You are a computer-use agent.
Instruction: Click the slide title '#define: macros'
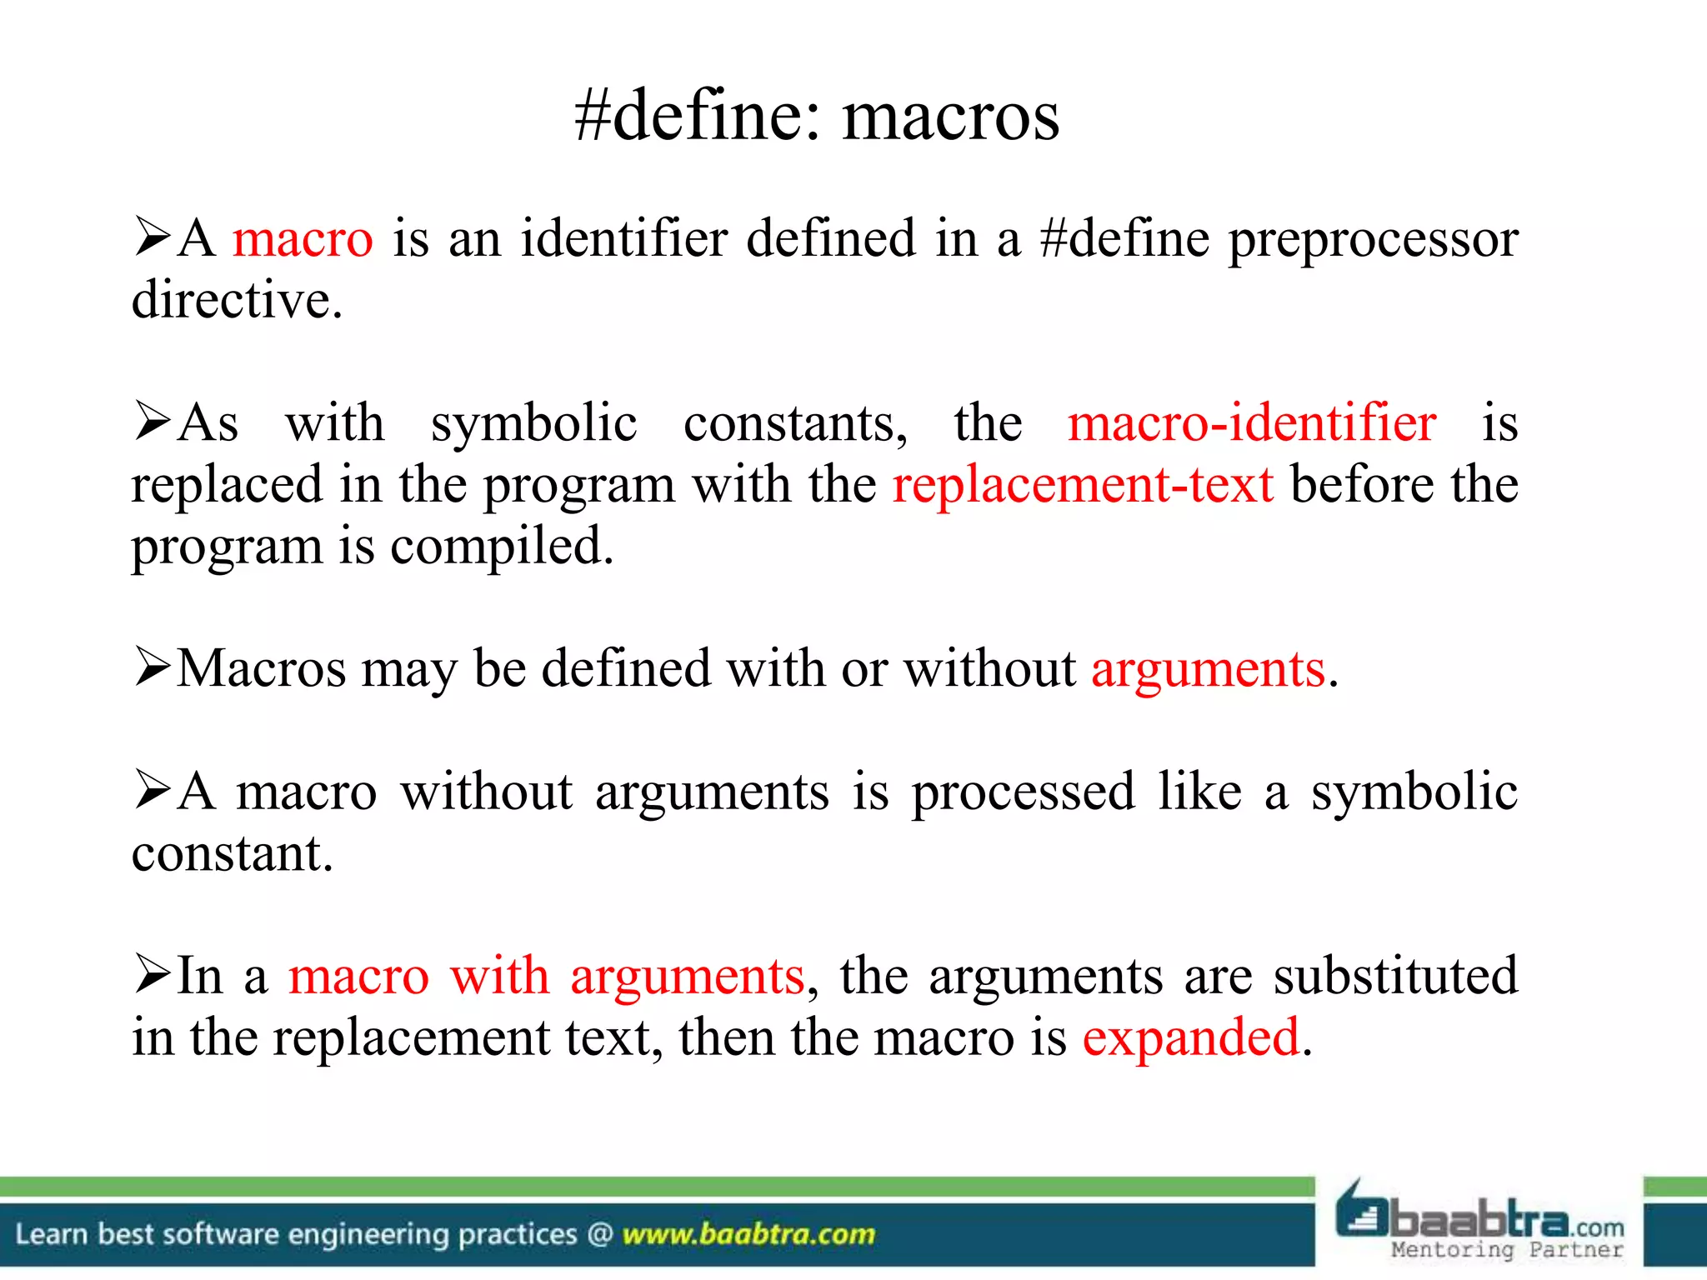tap(817, 117)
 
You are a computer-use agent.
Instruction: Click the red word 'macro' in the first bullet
tap(303, 239)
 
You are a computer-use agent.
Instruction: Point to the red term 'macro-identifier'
tap(1252, 423)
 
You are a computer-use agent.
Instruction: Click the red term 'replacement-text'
tap(1083, 485)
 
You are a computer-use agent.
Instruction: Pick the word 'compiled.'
tap(502, 547)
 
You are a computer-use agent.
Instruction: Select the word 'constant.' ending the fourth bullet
tap(233, 854)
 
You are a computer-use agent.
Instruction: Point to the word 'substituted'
tap(1395, 976)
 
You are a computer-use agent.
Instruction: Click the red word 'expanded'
tap(1191, 1038)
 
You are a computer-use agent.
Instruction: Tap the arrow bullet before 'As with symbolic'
tap(153, 421)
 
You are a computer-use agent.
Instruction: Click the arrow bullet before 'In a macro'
tap(153, 973)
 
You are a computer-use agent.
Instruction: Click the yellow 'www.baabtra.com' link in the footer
tap(748, 1234)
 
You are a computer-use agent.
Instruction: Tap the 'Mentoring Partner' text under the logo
tap(1507, 1250)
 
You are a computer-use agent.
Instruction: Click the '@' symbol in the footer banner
tap(600, 1234)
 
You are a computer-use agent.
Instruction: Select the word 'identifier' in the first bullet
tap(624, 239)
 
